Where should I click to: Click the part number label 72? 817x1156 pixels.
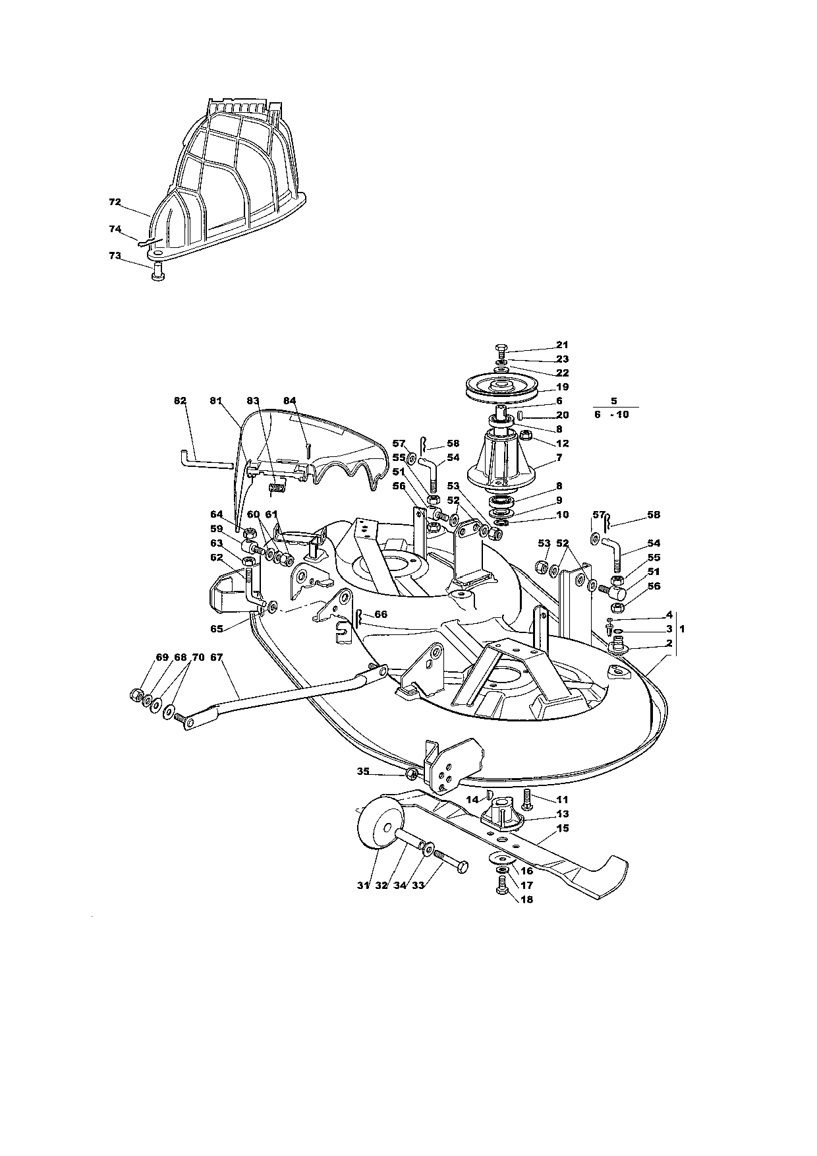(x=115, y=202)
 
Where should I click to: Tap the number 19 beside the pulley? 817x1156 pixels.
(x=562, y=387)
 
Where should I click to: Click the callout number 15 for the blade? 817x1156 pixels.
(x=562, y=828)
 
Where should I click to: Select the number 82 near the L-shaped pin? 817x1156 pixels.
(x=180, y=400)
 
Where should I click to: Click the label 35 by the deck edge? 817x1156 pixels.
(x=363, y=771)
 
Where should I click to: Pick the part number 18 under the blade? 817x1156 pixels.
(x=526, y=899)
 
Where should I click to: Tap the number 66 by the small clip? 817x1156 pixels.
(x=380, y=614)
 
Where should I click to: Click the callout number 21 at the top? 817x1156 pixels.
(x=562, y=344)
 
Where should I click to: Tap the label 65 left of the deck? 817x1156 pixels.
(x=217, y=628)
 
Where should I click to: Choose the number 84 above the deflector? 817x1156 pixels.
(x=291, y=400)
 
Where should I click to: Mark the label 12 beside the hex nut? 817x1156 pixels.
(x=562, y=443)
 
